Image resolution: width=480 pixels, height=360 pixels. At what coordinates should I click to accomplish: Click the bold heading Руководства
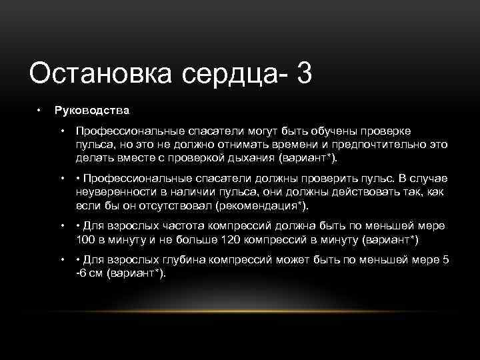(x=91, y=109)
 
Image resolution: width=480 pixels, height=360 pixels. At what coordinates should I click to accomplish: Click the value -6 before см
(x=79, y=274)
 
